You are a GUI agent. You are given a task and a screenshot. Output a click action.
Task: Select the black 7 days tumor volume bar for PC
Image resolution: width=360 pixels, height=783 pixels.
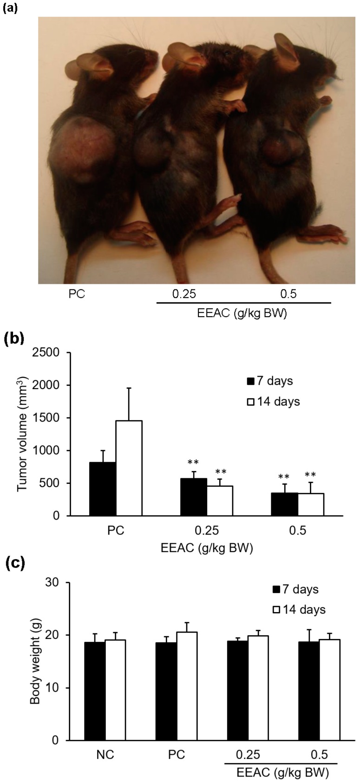(x=103, y=489)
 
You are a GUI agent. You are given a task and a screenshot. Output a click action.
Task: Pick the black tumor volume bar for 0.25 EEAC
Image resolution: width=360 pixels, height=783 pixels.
(x=194, y=497)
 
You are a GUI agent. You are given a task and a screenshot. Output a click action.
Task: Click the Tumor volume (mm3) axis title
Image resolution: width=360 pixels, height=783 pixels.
(x=23, y=434)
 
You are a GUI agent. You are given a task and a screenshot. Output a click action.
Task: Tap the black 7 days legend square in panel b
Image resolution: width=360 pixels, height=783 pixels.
(x=251, y=381)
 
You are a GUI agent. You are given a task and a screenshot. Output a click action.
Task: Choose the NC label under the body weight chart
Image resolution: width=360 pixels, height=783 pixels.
(x=105, y=755)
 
